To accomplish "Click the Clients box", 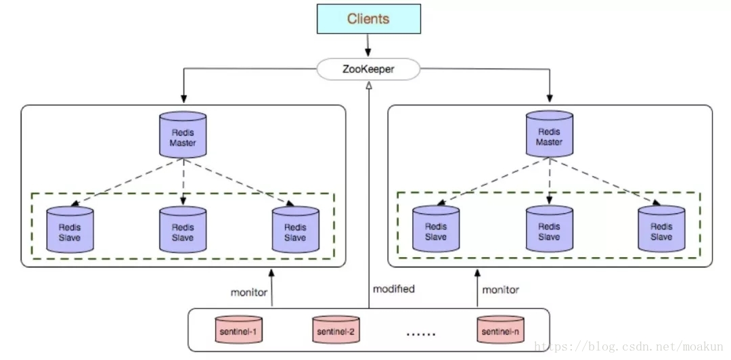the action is click(x=369, y=19).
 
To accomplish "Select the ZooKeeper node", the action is click(x=368, y=69).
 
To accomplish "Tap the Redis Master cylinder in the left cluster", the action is click(x=183, y=134).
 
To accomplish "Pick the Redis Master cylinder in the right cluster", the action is click(x=550, y=133).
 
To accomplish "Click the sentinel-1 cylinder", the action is click(x=239, y=330).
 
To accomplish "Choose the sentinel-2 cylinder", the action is click(x=336, y=330).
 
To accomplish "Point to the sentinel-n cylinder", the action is click(x=500, y=330).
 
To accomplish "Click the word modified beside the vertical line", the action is click(x=393, y=289).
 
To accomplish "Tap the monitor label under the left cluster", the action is click(x=249, y=292).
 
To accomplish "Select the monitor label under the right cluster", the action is click(x=500, y=290).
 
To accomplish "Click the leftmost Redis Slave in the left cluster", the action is click(x=70, y=229).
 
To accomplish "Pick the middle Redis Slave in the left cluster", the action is click(x=183, y=229).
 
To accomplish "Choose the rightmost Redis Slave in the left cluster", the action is click(x=296, y=229).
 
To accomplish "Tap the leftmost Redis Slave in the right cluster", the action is click(x=436, y=229).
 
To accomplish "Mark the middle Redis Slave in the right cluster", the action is click(x=550, y=229).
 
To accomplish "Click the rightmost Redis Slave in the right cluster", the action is click(x=661, y=229).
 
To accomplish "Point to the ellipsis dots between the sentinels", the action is click(x=421, y=334).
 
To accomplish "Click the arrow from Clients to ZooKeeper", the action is click(x=368, y=45).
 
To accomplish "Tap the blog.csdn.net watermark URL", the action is click(x=629, y=346).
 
